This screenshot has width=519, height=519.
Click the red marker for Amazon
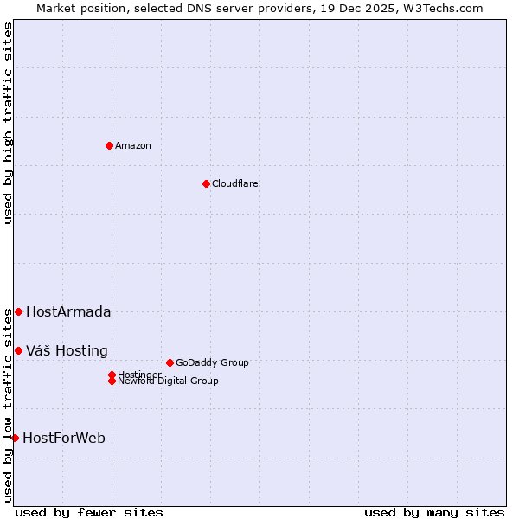coord(109,145)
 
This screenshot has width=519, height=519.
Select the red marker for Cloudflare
coord(206,183)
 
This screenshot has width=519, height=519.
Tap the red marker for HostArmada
coord(18,311)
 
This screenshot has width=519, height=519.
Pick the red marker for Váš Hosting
coord(18,350)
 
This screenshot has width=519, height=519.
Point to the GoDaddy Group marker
coord(170,362)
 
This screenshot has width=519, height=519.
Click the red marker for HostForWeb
coord(15,438)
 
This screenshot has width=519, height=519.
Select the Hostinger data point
coord(112,375)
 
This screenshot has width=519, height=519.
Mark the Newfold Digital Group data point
coord(112,381)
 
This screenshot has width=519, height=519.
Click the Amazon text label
coord(132,145)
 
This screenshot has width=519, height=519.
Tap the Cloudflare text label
coord(234,183)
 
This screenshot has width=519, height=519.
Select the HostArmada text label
coord(68,312)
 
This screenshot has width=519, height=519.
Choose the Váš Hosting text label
coord(67,351)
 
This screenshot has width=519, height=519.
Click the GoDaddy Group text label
coord(212,362)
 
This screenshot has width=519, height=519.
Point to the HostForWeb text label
coord(64,439)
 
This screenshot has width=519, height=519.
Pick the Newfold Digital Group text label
coord(168,381)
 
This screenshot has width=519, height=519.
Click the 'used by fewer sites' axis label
coord(89,513)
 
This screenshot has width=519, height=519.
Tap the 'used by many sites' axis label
coord(434,513)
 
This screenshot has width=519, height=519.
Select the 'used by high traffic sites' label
coord(9,123)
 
